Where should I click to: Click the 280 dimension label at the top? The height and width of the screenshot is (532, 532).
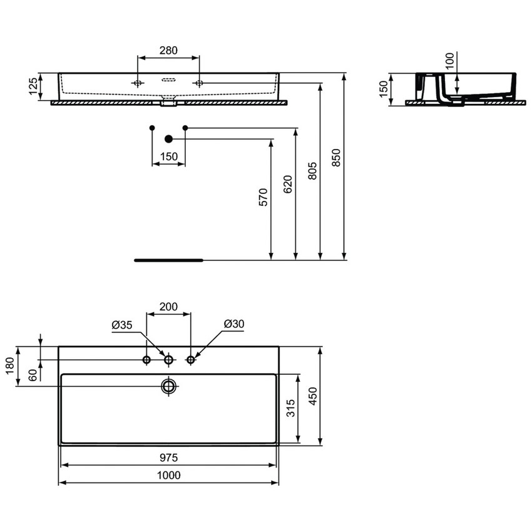click(x=168, y=50)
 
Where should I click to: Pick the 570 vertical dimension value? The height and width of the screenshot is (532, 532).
click(x=263, y=197)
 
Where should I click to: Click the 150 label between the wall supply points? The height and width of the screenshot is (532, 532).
click(x=168, y=156)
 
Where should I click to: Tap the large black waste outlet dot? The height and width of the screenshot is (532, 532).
click(x=168, y=138)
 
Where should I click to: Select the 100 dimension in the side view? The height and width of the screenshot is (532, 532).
click(x=449, y=61)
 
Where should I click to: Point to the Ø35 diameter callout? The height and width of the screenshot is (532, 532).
click(x=121, y=324)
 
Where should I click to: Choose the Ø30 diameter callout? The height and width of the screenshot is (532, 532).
click(x=233, y=324)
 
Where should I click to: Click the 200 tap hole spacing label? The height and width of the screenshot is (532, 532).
click(x=168, y=307)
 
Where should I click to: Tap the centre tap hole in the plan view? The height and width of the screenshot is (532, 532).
click(x=168, y=360)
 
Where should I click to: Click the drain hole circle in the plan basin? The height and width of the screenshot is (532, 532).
click(x=168, y=386)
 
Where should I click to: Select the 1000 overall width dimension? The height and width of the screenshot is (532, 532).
click(x=168, y=475)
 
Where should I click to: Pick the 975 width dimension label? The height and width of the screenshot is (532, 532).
click(x=168, y=458)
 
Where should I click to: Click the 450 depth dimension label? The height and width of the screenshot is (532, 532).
click(x=312, y=396)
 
